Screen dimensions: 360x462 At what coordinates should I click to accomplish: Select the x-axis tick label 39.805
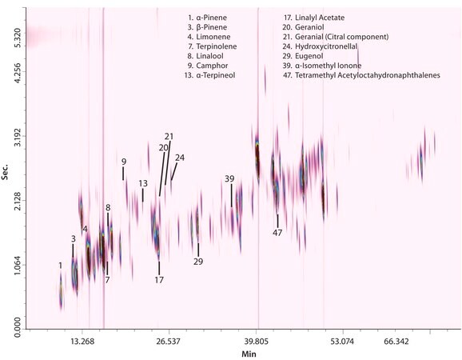[257, 342]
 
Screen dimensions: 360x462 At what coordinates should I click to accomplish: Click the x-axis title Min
[249, 353]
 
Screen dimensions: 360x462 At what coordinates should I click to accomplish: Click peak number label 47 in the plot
[277, 232]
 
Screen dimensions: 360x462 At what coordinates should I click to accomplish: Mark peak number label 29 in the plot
[198, 261]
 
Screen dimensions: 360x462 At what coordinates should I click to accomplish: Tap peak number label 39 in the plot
[229, 178]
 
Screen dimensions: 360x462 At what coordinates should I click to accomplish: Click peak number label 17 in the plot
[159, 280]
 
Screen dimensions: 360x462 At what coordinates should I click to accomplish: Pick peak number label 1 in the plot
[60, 265]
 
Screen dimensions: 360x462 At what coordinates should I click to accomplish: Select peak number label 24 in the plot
[179, 158]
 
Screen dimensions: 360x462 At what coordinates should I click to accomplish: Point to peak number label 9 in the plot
[124, 162]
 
